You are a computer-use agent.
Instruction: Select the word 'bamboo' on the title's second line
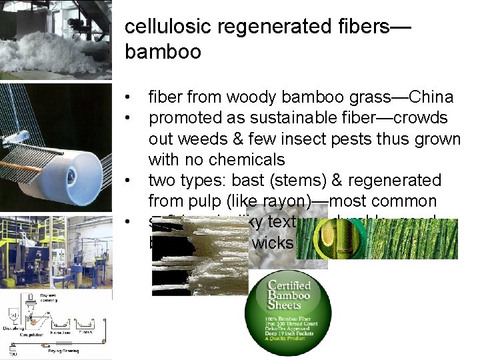pos(163,52)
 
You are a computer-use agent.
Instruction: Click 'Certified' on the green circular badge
pos(291,287)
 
